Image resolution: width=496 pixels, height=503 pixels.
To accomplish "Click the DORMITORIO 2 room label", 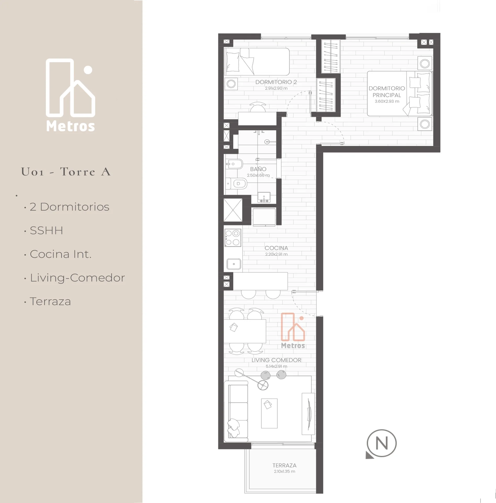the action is [276, 82].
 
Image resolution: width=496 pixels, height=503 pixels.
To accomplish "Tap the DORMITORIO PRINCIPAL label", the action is [387, 92].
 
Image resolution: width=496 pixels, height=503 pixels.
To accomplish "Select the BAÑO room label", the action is [258, 169].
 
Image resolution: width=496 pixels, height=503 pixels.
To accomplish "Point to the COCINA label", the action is [276, 248].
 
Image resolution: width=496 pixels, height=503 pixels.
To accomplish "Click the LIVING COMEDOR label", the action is [276, 360].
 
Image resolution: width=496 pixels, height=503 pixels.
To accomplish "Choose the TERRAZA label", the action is [284, 465].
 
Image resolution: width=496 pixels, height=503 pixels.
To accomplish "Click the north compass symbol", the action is [381, 444].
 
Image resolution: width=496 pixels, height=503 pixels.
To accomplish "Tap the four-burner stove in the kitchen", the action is [233, 238].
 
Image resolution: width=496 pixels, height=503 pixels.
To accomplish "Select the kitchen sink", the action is [234, 264].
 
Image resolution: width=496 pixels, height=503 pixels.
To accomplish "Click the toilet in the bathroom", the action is [236, 184].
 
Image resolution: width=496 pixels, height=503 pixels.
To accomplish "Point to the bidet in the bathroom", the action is [234, 164].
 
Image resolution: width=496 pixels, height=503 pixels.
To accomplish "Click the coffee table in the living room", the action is [269, 413].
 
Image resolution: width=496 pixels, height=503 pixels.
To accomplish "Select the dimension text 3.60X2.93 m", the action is [387, 101].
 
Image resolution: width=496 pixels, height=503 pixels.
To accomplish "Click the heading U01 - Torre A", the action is [66, 172].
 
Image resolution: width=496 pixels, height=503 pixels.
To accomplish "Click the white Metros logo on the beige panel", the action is [70, 95].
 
